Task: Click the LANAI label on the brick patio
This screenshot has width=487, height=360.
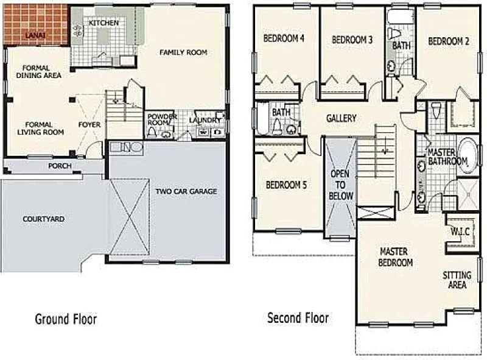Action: pyautogui.click(x=35, y=35)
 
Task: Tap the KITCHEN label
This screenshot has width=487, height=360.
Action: pyautogui.click(x=103, y=23)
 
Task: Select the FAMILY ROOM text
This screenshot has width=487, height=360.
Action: pyautogui.click(x=183, y=52)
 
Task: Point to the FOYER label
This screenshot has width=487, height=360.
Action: pyautogui.click(x=89, y=125)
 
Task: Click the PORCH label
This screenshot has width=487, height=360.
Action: pyautogui.click(x=60, y=166)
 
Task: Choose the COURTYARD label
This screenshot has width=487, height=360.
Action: pyautogui.click(x=43, y=219)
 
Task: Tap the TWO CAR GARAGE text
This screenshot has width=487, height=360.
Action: pyautogui.click(x=186, y=191)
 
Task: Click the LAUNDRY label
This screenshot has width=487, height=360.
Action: pyautogui.click(x=205, y=120)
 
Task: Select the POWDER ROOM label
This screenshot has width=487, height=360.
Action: pyautogui.click(x=162, y=119)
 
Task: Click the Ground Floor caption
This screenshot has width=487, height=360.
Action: pyautogui.click(x=66, y=319)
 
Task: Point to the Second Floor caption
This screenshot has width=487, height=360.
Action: pyautogui.click(x=298, y=318)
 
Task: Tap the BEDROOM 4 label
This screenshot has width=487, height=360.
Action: pyautogui.click(x=284, y=38)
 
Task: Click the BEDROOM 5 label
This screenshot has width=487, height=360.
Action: pyautogui.click(x=286, y=185)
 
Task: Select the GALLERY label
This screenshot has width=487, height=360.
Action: pyautogui.click(x=341, y=118)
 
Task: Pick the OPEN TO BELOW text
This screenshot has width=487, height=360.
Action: pyautogui.click(x=341, y=185)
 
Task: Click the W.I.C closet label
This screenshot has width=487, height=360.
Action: pyautogui.click(x=460, y=231)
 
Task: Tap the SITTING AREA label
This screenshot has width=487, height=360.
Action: pyautogui.click(x=457, y=280)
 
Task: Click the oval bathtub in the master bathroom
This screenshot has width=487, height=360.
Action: pyautogui.click(x=468, y=155)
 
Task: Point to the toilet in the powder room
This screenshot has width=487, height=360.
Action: pyautogui.click(x=152, y=133)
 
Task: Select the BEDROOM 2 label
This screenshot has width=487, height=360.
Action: pyautogui.click(x=449, y=41)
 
